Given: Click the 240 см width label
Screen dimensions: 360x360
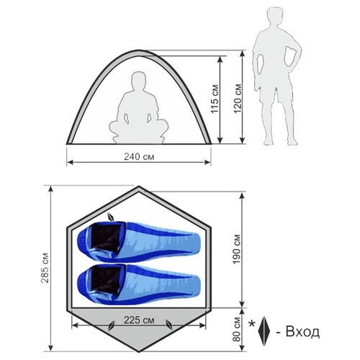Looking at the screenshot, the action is click(x=139, y=156).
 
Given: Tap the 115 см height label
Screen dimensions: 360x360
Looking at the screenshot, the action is click(x=215, y=99).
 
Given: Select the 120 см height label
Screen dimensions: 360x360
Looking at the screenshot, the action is click(x=238, y=99).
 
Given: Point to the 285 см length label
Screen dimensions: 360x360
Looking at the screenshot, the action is click(x=45, y=268).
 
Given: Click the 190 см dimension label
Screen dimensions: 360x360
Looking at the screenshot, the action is click(x=236, y=249).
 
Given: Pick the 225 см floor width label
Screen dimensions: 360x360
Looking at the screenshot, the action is click(x=139, y=320).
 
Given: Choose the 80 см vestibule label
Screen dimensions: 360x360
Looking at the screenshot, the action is click(x=236, y=329).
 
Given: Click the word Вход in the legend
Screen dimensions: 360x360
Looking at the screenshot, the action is click(x=302, y=332).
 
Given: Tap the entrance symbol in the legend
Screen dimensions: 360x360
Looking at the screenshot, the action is click(x=264, y=331).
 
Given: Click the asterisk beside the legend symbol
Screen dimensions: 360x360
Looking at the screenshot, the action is click(x=252, y=323).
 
